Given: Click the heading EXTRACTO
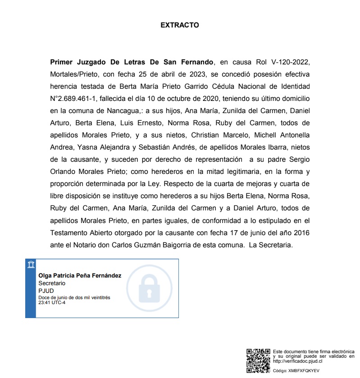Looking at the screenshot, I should [180, 25].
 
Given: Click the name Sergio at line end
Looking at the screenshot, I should [300, 159].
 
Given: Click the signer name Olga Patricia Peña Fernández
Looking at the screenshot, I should [80, 276].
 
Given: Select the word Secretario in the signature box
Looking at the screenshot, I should [52, 283].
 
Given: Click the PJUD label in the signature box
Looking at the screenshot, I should [46, 291].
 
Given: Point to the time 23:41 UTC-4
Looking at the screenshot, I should [52, 302].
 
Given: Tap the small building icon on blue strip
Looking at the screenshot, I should [31, 264].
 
